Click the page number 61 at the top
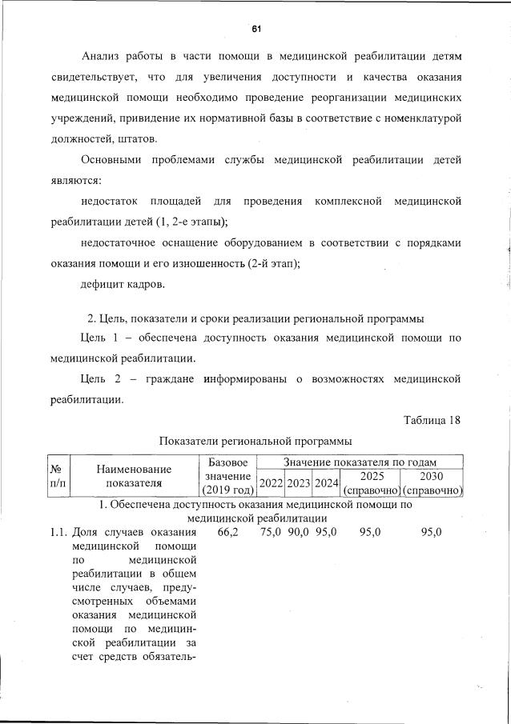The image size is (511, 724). tap(256, 29)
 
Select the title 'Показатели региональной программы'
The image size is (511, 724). tap(255, 442)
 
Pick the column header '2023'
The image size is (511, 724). tap(298, 482)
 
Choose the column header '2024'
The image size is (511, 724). tap(326, 482)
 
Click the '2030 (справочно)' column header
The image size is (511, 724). tap(433, 482)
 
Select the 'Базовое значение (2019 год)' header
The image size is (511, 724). tap(227, 476)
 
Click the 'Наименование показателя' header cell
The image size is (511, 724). tap(133, 476)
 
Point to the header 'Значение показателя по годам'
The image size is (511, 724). tap(360, 462)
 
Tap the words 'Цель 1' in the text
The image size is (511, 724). tap(102, 338)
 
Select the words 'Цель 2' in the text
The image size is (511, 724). tap(102, 377)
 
